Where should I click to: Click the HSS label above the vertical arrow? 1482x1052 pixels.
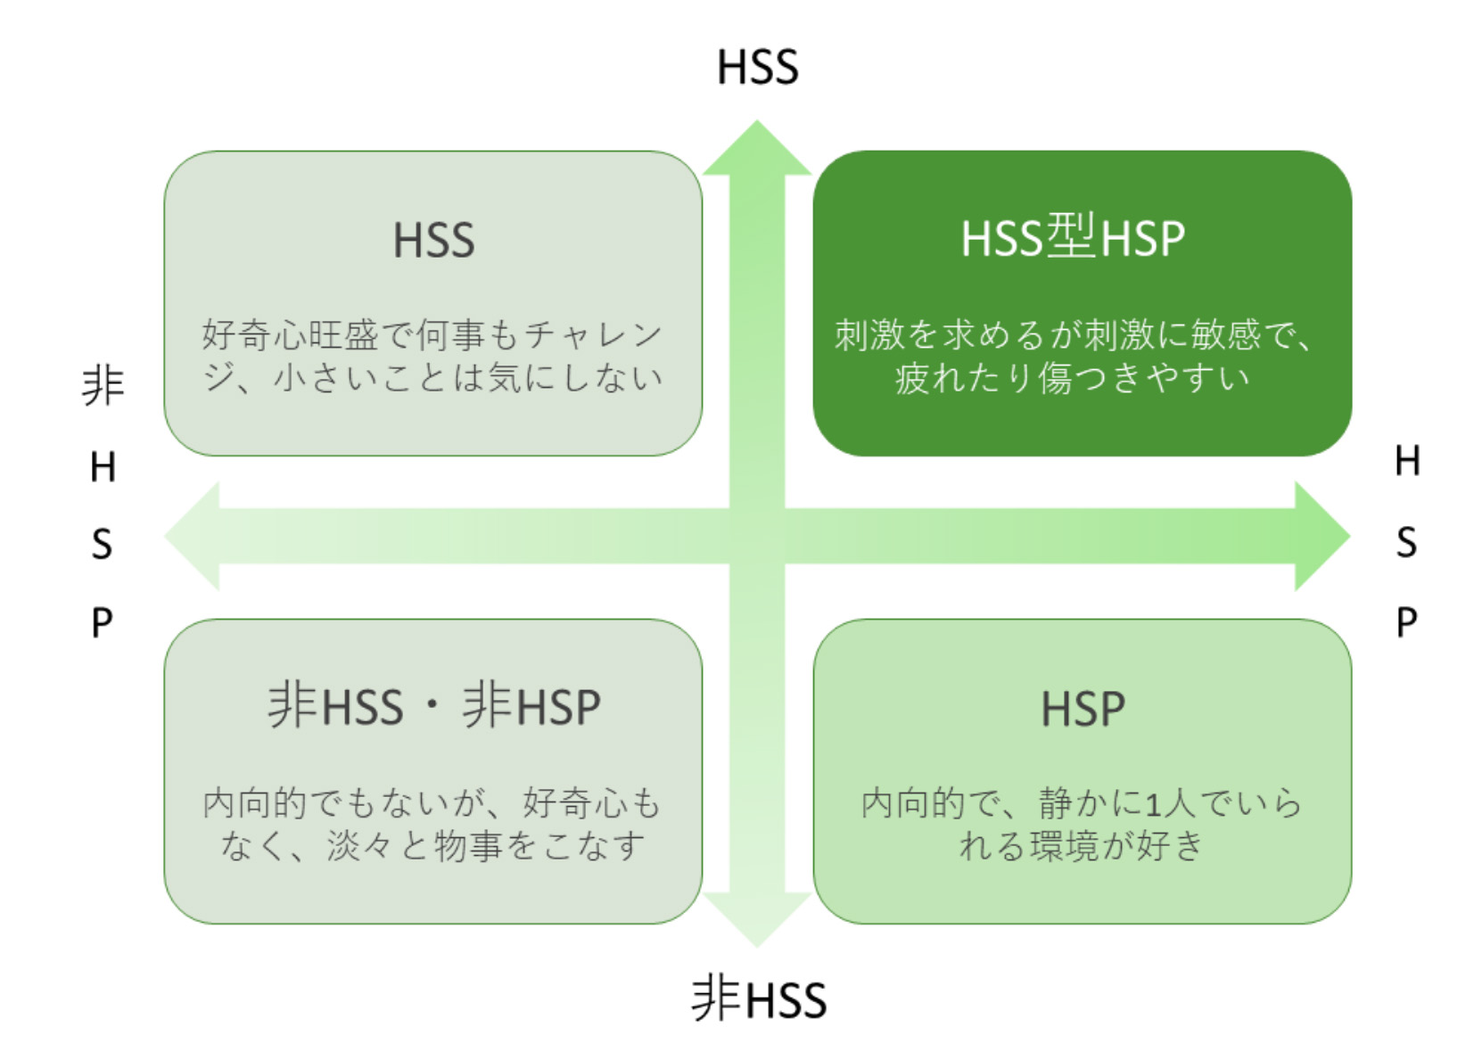point(757,68)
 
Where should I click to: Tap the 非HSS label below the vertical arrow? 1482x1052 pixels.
point(759,999)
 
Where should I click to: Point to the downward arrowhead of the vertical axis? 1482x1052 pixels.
point(757,919)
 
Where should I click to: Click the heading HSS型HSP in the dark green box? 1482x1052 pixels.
point(1073,238)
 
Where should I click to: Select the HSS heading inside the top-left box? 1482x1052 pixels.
point(433,241)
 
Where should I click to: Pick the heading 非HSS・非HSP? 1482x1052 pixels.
point(433,706)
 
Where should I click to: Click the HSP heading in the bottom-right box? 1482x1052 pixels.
point(1083,710)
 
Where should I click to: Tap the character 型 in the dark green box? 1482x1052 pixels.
point(1071,236)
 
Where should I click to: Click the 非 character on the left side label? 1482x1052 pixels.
point(103,386)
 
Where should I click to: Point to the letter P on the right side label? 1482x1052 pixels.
point(1406,621)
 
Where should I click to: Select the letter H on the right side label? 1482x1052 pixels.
point(1406,461)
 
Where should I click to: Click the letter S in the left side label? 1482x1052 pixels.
point(103,544)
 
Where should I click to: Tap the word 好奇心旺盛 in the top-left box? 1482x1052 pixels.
point(290,335)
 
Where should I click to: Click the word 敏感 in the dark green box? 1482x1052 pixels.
point(1227,335)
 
